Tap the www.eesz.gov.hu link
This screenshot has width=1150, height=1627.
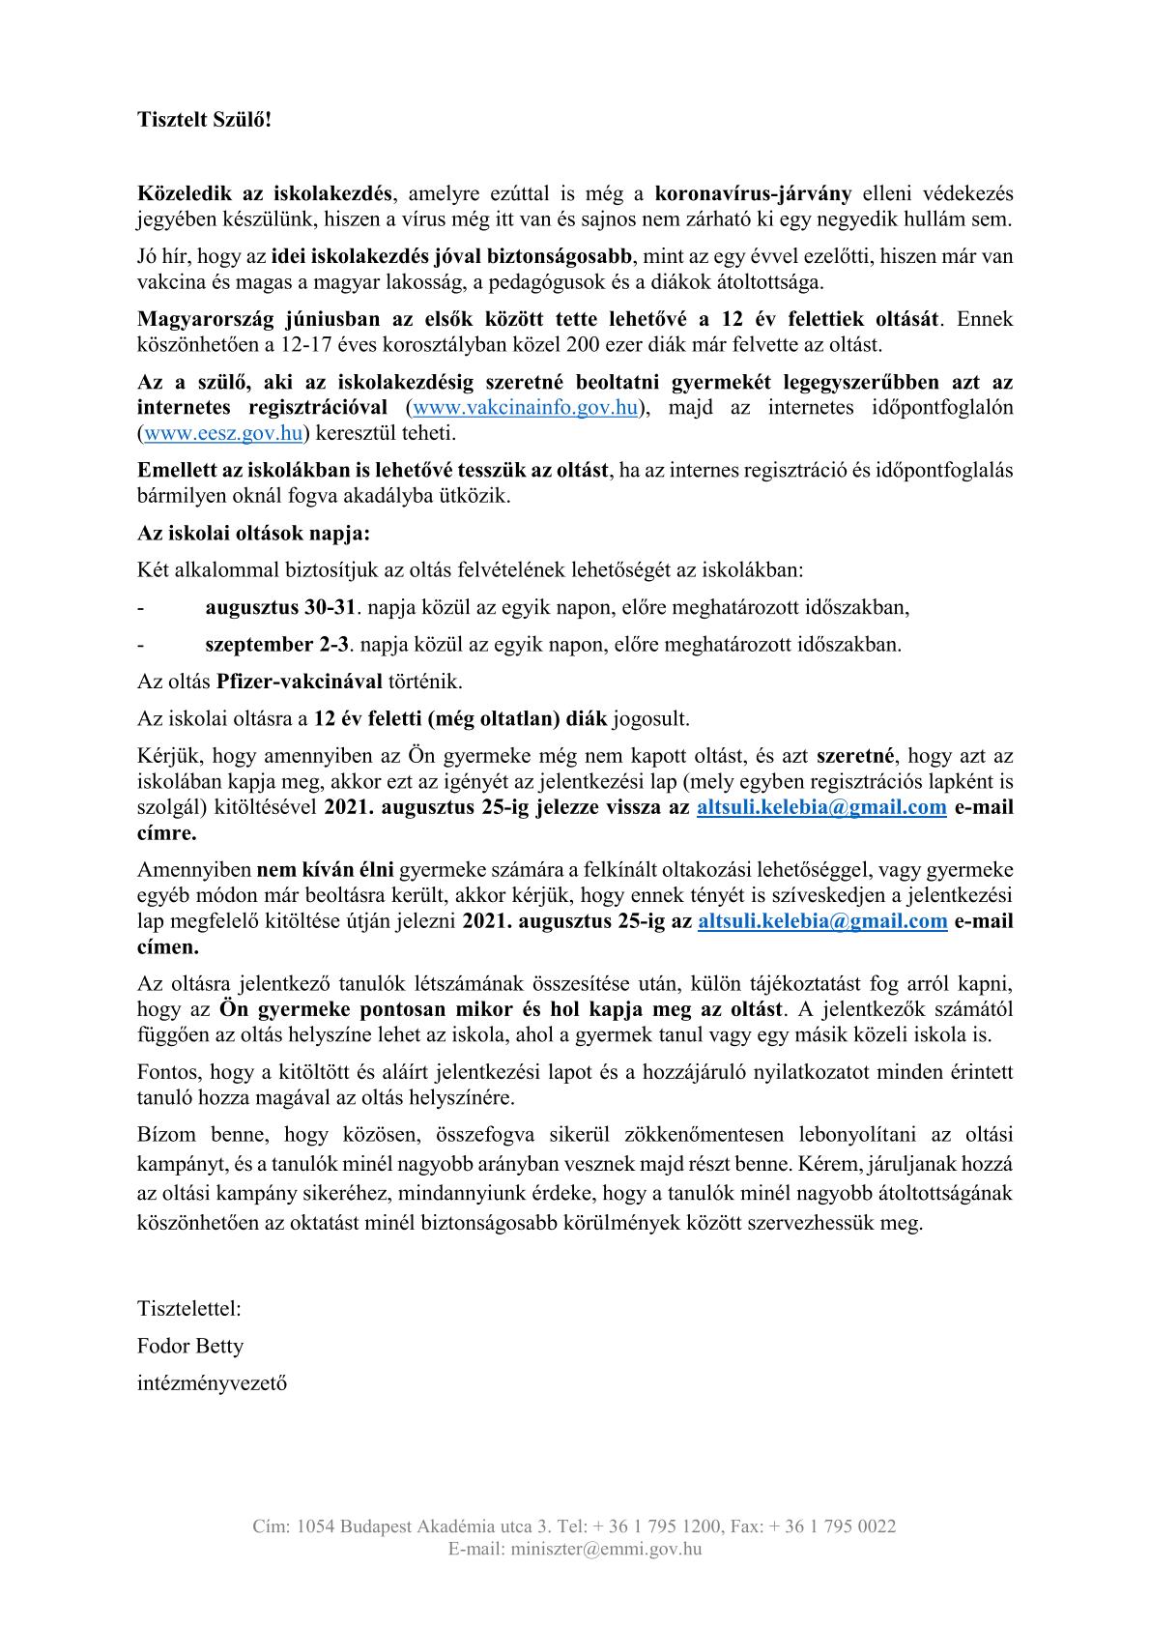pos(223,433)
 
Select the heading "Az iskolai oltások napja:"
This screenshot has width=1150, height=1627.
pos(253,534)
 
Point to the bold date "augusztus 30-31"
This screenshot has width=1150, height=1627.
pos(281,608)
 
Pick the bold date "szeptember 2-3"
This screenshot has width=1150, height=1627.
pos(277,645)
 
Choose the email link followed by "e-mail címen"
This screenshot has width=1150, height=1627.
pos(821,921)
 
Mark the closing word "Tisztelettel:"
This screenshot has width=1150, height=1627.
pos(189,1309)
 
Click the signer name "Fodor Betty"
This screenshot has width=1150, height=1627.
pos(190,1346)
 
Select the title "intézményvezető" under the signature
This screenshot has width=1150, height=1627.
pos(212,1382)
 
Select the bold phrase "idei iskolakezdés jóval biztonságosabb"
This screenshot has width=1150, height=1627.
pos(451,257)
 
